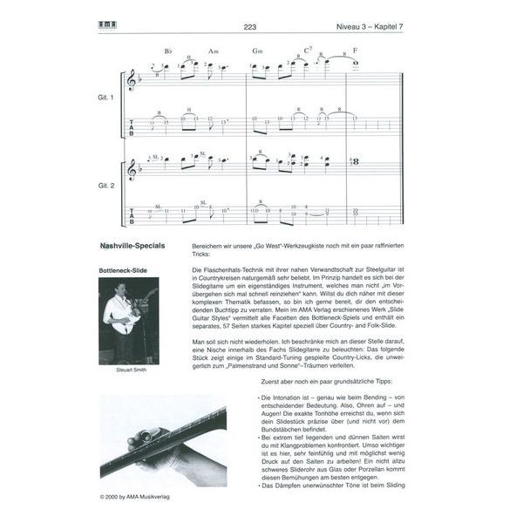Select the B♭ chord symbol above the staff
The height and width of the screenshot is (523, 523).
tap(169, 51)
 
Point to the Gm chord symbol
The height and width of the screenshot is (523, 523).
tap(257, 51)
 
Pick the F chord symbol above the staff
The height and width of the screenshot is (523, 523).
tap(356, 51)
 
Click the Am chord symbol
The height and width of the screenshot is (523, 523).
tap(214, 51)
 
